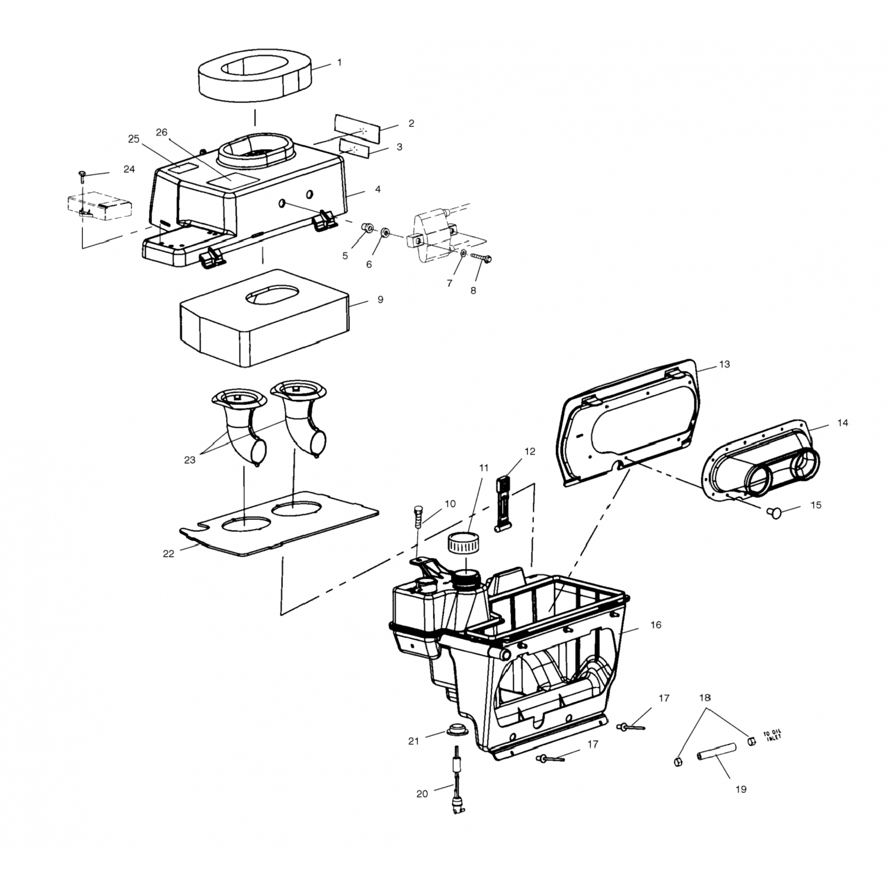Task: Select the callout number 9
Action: coord(380,300)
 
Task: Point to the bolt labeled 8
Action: coord(482,258)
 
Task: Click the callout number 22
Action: coord(169,554)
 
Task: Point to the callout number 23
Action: coord(190,459)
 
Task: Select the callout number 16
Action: coord(656,625)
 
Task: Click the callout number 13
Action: coord(724,364)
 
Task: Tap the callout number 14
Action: coord(842,423)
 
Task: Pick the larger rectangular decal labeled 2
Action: coord(358,126)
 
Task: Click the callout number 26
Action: coord(162,132)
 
